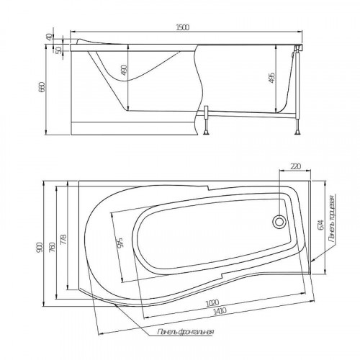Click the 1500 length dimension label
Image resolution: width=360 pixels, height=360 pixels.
tap(183, 27)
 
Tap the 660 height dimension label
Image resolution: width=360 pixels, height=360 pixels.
tap(42, 87)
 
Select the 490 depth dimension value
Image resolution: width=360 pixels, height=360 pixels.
tap(124, 70)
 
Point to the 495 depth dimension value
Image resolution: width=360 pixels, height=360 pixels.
tap(272, 78)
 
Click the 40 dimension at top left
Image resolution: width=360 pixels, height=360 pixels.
tap(49, 37)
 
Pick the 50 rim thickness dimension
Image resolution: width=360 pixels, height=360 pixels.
tap(59, 50)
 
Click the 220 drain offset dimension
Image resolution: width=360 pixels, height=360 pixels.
tap(295, 166)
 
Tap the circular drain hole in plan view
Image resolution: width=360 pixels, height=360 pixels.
tap(279, 222)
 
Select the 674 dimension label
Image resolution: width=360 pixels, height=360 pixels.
tap(321, 225)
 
